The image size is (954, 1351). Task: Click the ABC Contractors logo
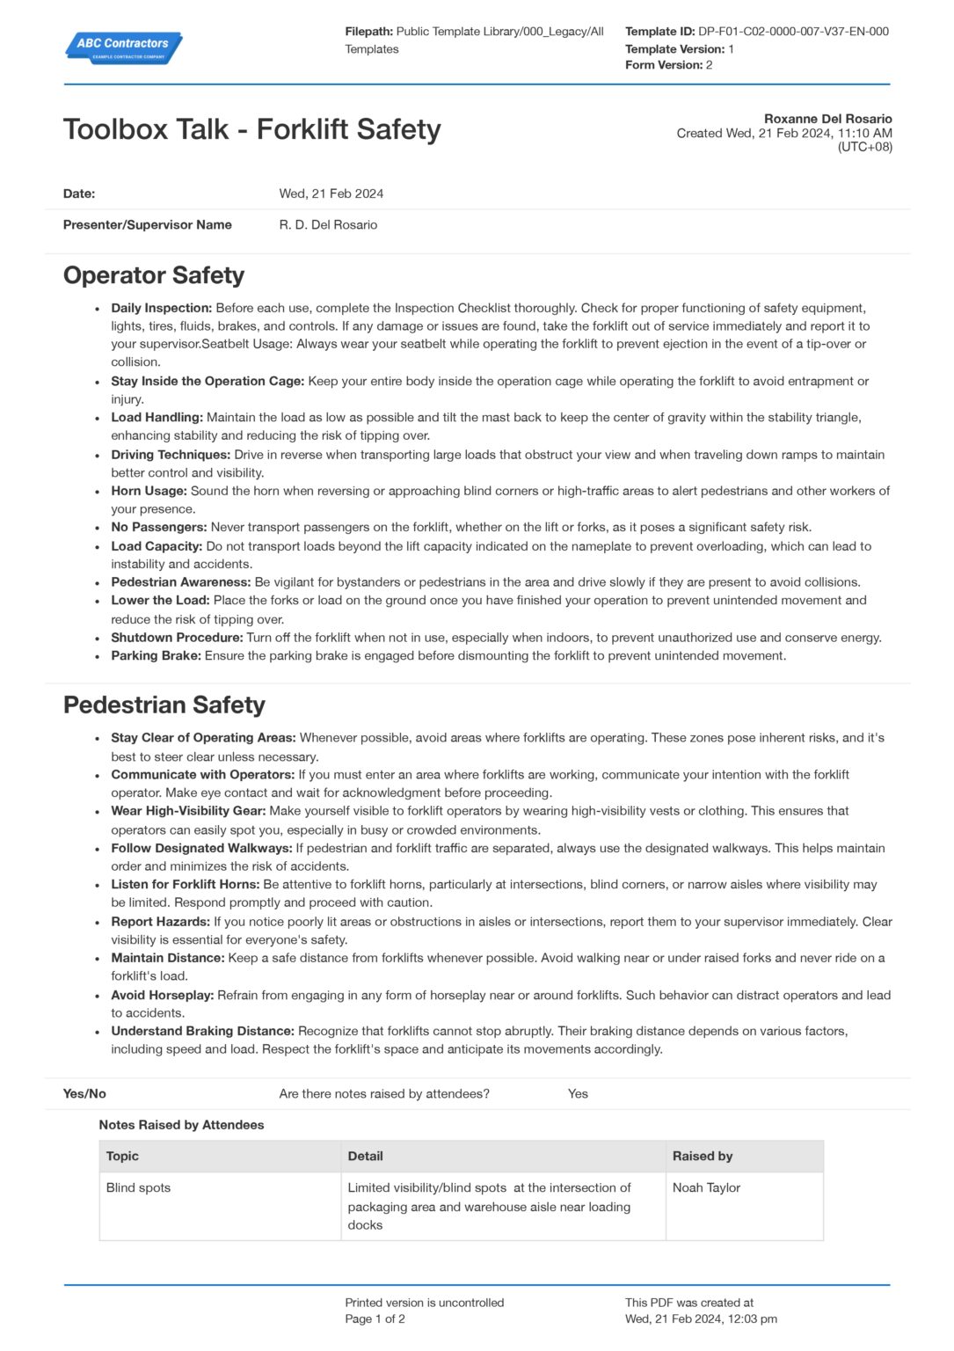[123, 47]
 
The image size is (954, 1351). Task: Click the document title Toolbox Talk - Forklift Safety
[251, 129]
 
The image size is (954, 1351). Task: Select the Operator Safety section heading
[154, 275]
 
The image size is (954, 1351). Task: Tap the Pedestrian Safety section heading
[164, 705]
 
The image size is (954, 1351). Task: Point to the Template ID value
[793, 32]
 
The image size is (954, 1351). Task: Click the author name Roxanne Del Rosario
[827, 119]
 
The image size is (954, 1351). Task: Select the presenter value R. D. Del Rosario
[328, 225]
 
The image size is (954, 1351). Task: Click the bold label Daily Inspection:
[162, 308]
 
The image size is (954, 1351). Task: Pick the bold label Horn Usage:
[149, 491]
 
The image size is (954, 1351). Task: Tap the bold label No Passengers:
[159, 527]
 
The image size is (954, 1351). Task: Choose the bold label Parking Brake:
[156, 655]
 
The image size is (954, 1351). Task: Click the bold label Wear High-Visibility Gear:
[188, 811]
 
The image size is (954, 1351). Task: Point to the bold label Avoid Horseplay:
[163, 995]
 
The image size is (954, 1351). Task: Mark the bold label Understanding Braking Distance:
[202, 1031]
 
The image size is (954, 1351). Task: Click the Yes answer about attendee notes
[578, 1094]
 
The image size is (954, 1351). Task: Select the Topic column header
[122, 1157]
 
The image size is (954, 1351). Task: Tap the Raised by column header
[703, 1157]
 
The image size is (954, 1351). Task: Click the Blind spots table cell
[138, 1187]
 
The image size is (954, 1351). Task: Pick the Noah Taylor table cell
[706, 1187]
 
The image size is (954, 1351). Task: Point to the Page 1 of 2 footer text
[375, 1319]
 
